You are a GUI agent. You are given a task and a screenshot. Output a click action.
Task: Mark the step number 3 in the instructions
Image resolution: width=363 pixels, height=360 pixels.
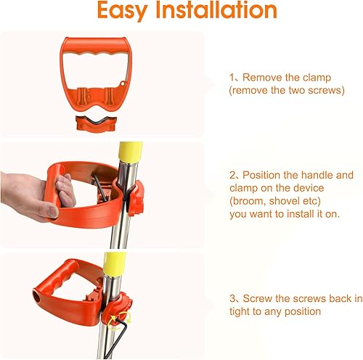231,299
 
